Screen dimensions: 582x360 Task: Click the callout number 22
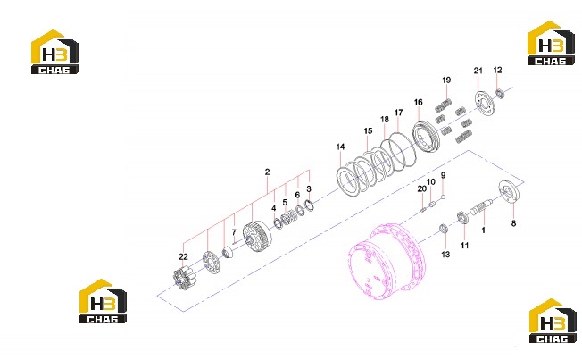point(183,256)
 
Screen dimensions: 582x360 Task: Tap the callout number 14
point(340,147)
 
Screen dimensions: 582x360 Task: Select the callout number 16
point(419,102)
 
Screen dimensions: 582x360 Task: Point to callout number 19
point(446,80)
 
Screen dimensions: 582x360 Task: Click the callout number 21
point(478,71)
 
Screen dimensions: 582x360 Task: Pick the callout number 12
point(498,70)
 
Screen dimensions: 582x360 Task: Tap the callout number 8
point(513,223)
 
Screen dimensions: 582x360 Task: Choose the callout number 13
point(445,255)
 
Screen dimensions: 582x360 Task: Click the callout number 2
point(267,172)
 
